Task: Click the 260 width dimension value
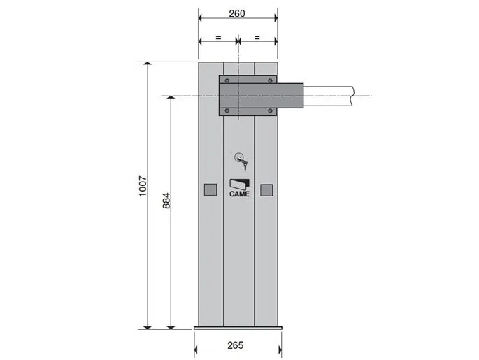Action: pyautogui.click(x=237, y=13)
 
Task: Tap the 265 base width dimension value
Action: pyautogui.click(x=236, y=345)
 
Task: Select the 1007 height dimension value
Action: pyautogui.click(x=143, y=186)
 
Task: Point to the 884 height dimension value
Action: pyautogui.click(x=166, y=201)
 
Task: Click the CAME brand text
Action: pyautogui.click(x=239, y=194)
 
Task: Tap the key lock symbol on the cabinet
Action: pyautogui.click(x=241, y=161)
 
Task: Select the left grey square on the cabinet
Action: pyautogui.click(x=210, y=189)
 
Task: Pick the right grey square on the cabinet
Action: pyautogui.click(x=266, y=190)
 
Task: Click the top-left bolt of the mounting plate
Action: pyautogui.click(x=227, y=80)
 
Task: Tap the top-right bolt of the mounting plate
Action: pyautogui.click(x=270, y=80)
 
